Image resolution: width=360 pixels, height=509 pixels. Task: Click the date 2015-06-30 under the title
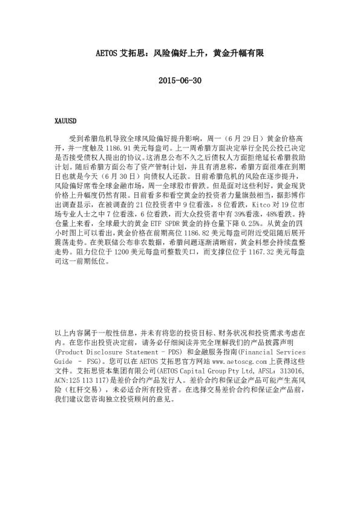tap(180, 80)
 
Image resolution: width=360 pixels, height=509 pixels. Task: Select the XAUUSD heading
tap(65, 121)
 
